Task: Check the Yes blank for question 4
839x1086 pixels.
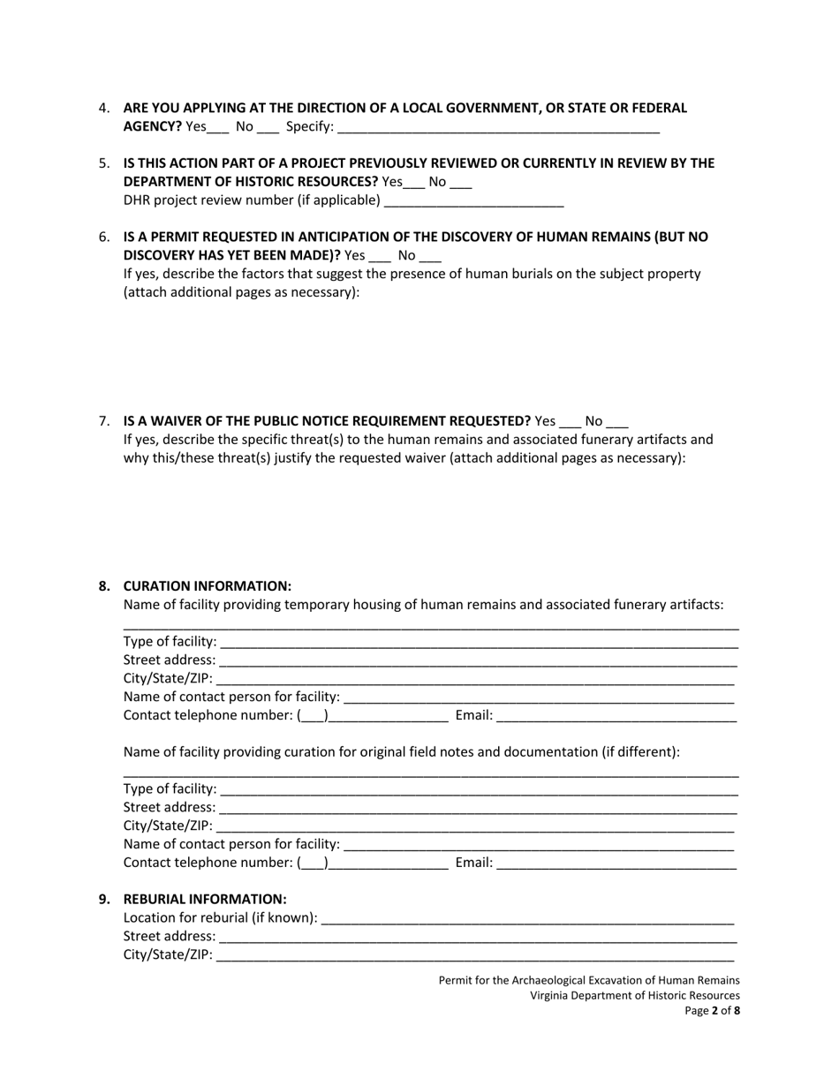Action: click(218, 128)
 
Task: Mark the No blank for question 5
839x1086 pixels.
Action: click(461, 183)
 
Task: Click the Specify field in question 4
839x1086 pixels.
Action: click(498, 128)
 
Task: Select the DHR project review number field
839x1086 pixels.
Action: click(473, 201)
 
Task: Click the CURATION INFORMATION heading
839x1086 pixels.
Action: click(207, 586)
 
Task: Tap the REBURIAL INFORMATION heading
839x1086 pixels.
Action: click(205, 900)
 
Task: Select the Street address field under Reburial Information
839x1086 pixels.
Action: click(477, 937)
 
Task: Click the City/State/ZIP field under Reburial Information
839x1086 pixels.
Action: click(475, 955)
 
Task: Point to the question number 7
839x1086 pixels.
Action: click(104, 421)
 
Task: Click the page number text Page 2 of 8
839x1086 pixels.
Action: click(713, 1012)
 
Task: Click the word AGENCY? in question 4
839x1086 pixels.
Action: click(152, 127)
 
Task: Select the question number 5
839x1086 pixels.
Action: click(104, 163)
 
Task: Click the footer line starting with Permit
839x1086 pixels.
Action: click(589, 980)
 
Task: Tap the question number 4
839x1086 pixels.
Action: click(104, 109)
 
